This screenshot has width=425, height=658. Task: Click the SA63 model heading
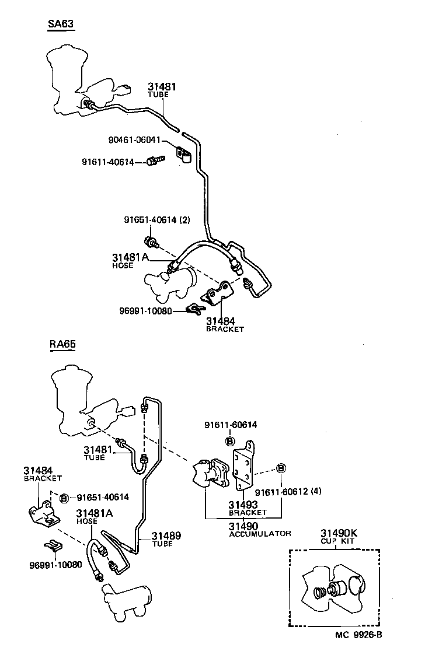click(61, 24)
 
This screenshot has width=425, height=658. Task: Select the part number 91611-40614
click(108, 162)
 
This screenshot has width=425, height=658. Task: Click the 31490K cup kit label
click(337, 533)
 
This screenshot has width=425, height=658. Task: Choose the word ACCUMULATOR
click(260, 533)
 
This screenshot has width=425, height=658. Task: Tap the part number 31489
click(166, 535)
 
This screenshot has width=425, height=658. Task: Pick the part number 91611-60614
click(230, 425)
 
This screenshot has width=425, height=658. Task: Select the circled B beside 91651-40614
click(64, 497)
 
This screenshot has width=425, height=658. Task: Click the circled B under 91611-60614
click(230, 440)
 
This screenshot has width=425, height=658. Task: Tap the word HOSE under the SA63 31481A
click(123, 265)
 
